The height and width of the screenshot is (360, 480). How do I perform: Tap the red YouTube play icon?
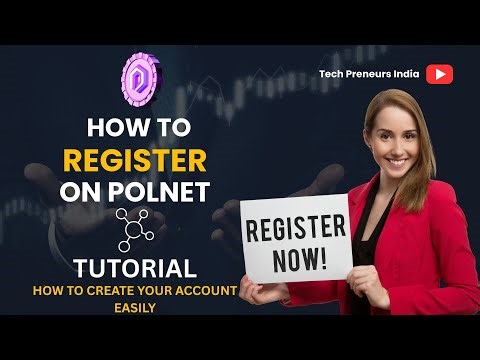pyautogui.click(x=440, y=73)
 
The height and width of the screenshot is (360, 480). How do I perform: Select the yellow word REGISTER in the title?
pyautogui.click(x=136, y=160)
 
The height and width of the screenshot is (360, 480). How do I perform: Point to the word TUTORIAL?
pyautogui.click(x=134, y=268)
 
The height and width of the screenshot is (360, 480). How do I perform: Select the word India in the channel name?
pyautogui.click(x=403, y=73)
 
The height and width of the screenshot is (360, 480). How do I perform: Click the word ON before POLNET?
pyautogui.click(x=89, y=192)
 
